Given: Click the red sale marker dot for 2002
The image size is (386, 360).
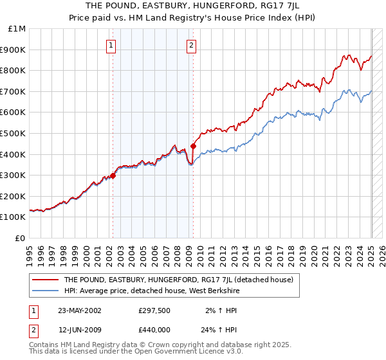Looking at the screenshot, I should [113, 175].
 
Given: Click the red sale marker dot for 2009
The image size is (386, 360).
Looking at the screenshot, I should [193, 146].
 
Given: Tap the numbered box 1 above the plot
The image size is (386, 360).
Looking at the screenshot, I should [112, 45].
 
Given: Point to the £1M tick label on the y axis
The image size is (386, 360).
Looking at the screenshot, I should [17, 29].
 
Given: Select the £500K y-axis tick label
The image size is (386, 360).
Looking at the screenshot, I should [14, 133].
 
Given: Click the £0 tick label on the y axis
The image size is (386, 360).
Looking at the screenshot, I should [21, 238].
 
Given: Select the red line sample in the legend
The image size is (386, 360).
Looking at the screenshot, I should [45, 280].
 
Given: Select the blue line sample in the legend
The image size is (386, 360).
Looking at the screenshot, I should [45, 291].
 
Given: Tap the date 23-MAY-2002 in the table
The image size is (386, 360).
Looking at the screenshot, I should [80, 310].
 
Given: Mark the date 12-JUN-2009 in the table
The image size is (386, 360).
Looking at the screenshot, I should [79, 330].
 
